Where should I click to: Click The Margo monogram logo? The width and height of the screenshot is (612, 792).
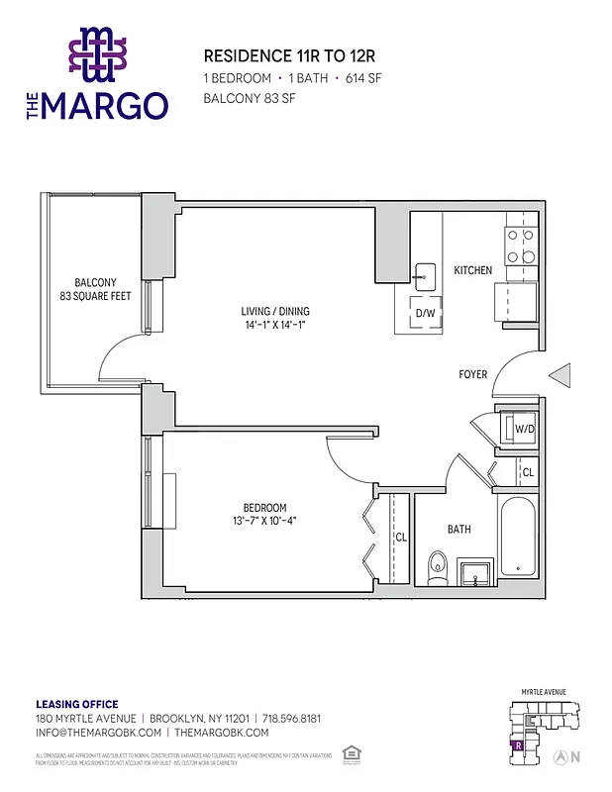click(x=96, y=53)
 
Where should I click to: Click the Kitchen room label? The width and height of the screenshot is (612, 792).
click(x=472, y=270)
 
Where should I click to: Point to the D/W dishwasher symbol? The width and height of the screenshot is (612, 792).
click(x=426, y=313)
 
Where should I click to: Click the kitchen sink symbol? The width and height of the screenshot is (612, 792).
click(x=426, y=274)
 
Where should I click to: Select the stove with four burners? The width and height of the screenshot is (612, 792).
click(x=521, y=247)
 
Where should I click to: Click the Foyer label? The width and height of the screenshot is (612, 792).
click(x=472, y=374)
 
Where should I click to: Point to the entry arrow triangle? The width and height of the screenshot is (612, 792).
click(x=561, y=375)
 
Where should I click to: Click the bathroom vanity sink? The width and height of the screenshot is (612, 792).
click(x=476, y=572)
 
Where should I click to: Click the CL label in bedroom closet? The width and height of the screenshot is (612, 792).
click(x=401, y=538)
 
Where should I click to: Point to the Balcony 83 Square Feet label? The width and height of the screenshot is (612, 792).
click(x=95, y=289)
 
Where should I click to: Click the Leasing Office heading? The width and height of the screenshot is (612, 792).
click(x=77, y=705)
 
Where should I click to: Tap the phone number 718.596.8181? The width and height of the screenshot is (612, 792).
click(x=292, y=718)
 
